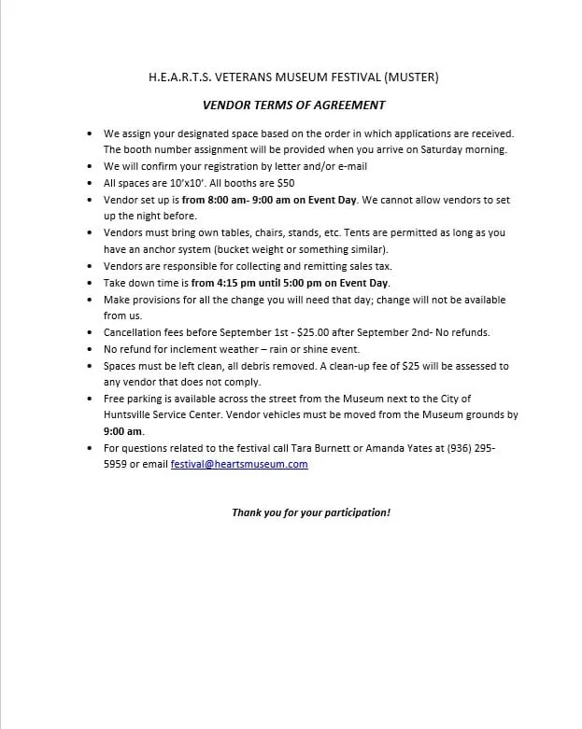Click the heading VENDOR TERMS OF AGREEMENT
coord(294,105)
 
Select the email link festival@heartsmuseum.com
coord(239,464)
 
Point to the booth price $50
coord(285,184)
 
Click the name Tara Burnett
coord(305,448)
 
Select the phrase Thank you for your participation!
coord(311,512)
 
